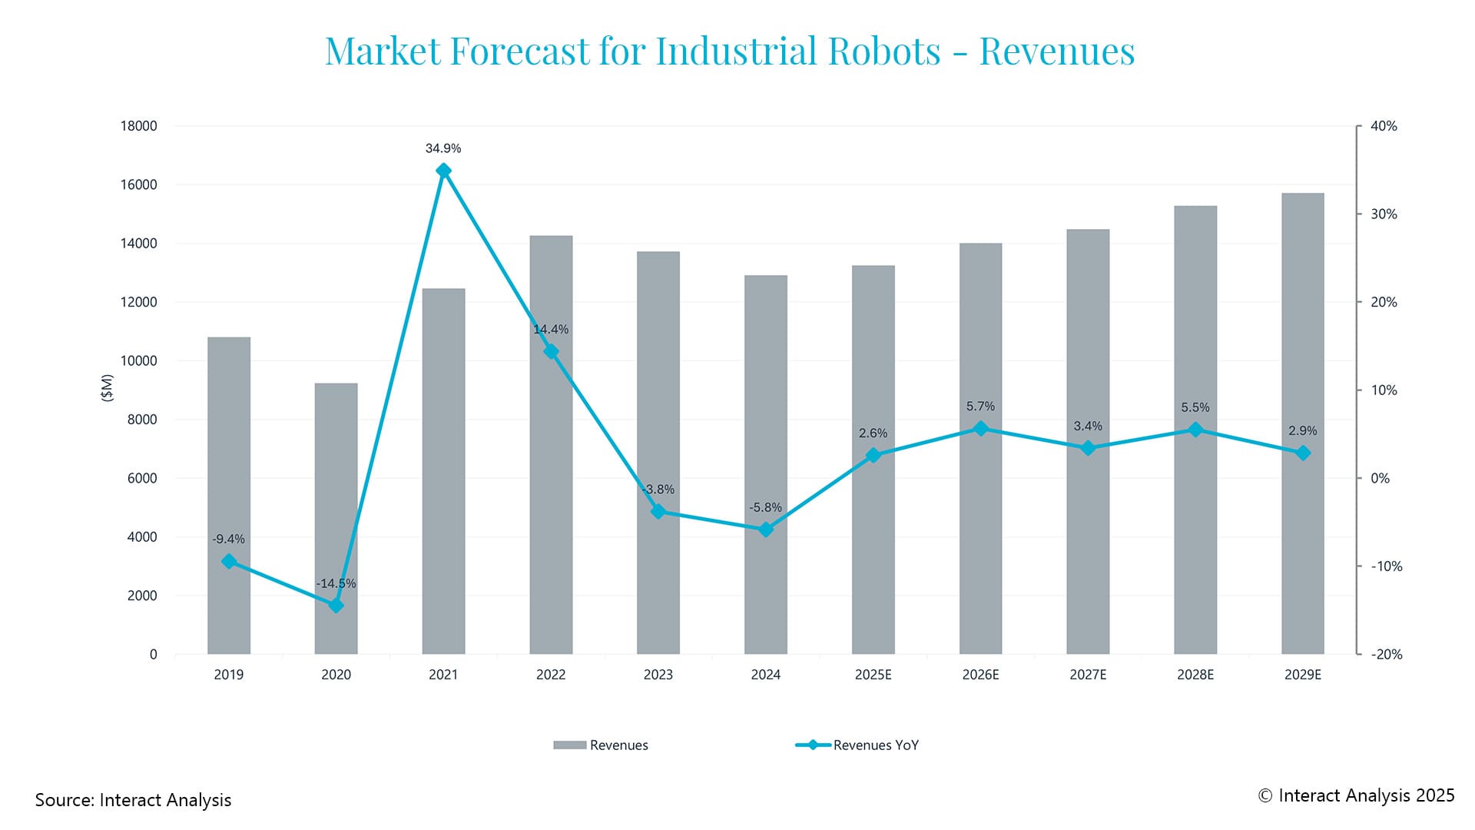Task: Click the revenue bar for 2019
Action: pyautogui.click(x=229, y=496)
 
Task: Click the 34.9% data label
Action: pyautogui.click(x=443, y=148)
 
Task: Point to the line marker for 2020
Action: pyautogui.click(x=336, y=606)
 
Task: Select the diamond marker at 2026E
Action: pyautogui.click(x=980, y=429)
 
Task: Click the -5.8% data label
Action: pyautogui.click(x=765, y=507)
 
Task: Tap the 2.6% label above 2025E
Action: pyautogui.click(x=873, y=433)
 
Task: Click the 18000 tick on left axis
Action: pyautogui.click(x=138, y=126)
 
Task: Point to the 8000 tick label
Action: pyautogui.click(x=141, y=420)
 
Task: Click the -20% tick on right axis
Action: pyautogui.click(x=1386, y=654)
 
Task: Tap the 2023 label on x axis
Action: pyautogui.click(x=658, y=675)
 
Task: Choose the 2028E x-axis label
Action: pyautogui.click(x=1195, y=675)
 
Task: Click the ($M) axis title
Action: pyautogui.click(x=107, y=388)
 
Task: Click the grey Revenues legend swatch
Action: pyautogui.click(x=569, y=745)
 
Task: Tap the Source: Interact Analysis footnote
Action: pyautogui.click(x=133, y=800)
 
